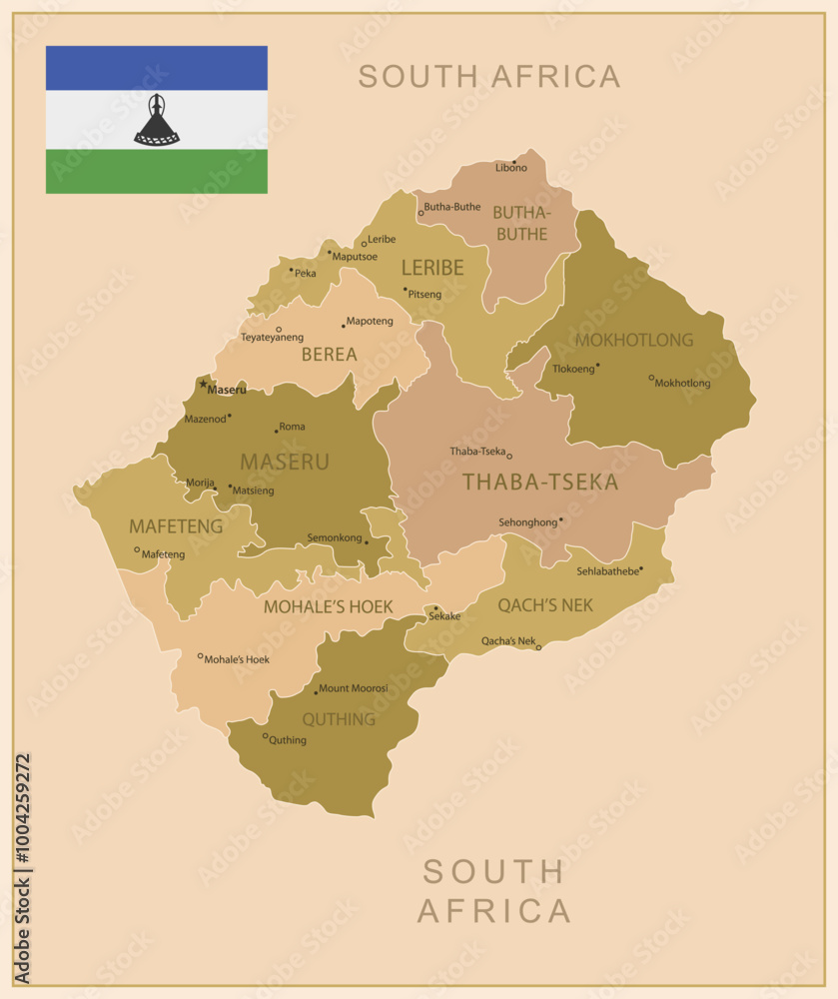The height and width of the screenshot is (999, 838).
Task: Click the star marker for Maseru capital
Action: point(203,384)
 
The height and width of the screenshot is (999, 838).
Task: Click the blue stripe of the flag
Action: point(156,68)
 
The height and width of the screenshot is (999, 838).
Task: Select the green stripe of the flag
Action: point(156,171)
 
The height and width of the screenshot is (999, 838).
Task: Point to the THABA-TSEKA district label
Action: point(539,483)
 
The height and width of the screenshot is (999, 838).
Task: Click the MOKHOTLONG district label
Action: point(633,340)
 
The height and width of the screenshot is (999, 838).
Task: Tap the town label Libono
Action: point(511,168)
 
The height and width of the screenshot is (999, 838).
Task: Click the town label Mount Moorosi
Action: point(354,688)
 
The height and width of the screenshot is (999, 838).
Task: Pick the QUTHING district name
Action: point(339,719)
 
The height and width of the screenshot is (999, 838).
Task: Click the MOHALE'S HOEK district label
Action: point(328,606)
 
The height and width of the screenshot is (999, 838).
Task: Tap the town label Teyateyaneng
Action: point(272,338)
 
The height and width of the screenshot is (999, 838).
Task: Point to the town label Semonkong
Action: point(335,537)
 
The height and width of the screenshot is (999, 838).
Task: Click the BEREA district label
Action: point(329,354)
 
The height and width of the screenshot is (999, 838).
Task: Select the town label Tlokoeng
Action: point(573,367)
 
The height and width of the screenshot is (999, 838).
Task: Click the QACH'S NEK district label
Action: point(545,604)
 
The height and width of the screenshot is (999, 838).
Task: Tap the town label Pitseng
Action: point(424,295)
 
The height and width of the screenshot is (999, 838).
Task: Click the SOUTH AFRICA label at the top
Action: point(489,76)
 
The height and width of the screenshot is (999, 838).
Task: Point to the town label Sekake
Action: point(444,616)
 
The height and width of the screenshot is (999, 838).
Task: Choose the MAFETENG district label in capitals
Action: point(176,525)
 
